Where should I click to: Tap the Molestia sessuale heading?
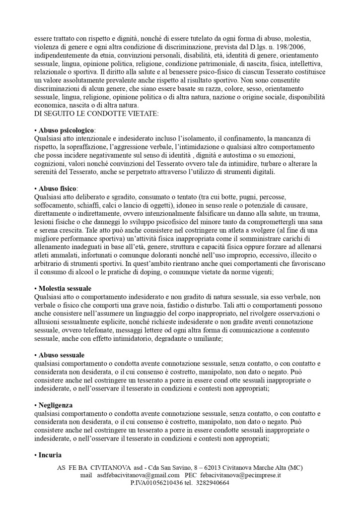pos(65,288)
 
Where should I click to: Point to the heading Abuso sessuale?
pos(61,355)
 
